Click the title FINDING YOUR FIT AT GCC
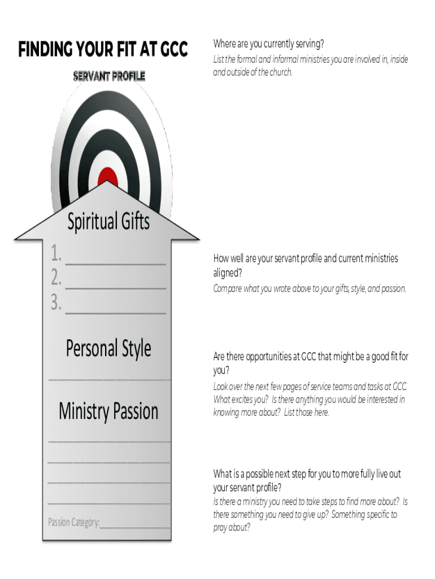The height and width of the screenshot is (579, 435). pyautogui.click(x=103, y=50)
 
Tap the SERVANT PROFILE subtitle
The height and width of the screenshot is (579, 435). pyautogui.click(x=109, y=76)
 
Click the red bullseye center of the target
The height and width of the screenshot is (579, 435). pyautogui.click(x=108, y=176)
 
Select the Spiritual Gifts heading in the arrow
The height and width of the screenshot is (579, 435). pyautogui.click(x=108, y=221)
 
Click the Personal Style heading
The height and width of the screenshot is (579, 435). pyautogui.click(x=108, y=348)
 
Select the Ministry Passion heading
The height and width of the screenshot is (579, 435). pyautogui.click(x=108, y=412)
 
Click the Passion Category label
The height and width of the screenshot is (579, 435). pyautogui.click(x=73, y=522)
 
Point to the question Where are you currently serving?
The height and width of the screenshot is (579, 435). pyautogui.click(x=268, y=44)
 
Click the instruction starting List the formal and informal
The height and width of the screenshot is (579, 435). pyautogui.click(x=310, y=66)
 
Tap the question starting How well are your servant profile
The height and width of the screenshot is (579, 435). pyautogui.click(x=306, y=265)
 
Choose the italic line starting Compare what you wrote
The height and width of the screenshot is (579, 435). pyautogui.click(x=310, y=289)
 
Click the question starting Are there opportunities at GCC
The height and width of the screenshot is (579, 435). pyautogui.click(x=311, y=363)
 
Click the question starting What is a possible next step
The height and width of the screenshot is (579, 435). pyautogui.click(x=307, y=481)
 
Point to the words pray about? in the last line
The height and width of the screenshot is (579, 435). pyautogui.click(x=232, y=528)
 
